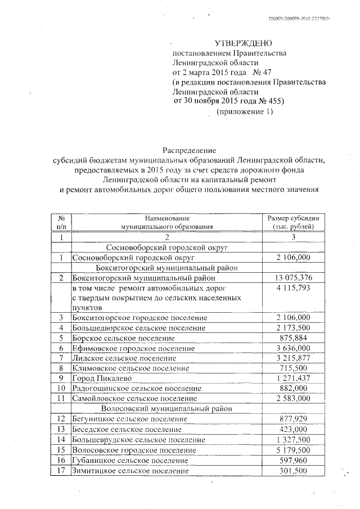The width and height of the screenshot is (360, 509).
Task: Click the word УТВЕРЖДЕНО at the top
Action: coord(244,43)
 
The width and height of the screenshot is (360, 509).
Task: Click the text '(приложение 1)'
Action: coord(245,112)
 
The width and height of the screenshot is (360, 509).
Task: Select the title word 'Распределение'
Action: coord(189,150)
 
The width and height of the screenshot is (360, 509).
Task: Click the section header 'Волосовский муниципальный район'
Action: coord(166,408)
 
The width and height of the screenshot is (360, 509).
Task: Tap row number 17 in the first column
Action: coord(61,470)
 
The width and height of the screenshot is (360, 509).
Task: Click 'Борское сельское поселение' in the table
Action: coord(123,338)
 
